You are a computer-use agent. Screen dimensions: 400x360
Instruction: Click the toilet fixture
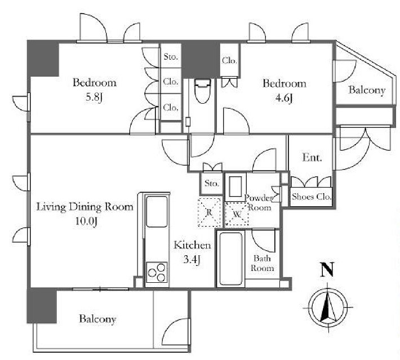tap(203, 91)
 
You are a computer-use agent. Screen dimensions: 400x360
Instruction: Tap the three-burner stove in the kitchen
tap(157, 273)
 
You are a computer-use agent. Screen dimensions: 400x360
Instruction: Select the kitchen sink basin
tap(157, 211)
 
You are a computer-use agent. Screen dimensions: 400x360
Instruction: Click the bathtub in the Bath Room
tap(230, 259)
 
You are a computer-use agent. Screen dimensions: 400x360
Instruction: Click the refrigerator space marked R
tap(209, 212)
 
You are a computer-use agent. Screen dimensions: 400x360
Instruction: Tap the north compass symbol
tap(328, 307)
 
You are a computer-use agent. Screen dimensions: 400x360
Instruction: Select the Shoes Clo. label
tap(312, 197)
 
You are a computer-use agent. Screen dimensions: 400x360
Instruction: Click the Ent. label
tap(312, 157)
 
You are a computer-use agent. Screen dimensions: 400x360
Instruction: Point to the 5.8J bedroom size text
tap(94, 97)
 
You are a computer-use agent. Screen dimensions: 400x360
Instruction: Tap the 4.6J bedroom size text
tap(284, 98)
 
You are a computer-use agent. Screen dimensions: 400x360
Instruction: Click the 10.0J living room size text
tap(86, 221)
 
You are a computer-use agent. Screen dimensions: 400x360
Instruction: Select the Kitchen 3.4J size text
tap(192, 260)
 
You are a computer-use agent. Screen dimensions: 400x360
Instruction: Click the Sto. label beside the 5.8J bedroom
tap(170, 56)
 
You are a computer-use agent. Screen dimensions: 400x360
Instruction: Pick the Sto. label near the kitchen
tap(212, 183)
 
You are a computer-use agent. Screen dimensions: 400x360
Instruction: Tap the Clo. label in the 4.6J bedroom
tap(229, 60)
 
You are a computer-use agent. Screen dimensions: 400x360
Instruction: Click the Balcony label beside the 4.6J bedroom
tap(367, 90)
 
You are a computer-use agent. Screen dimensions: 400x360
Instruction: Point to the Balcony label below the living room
tap(97, 319)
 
